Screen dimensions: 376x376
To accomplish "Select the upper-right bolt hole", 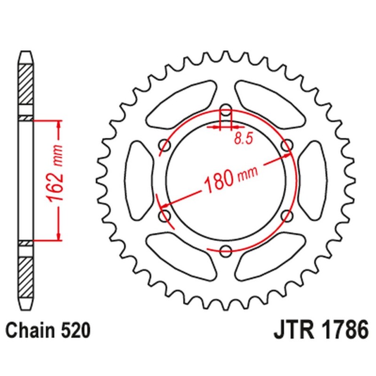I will [286, 146].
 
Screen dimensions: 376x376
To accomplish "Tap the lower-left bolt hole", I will [165, 215].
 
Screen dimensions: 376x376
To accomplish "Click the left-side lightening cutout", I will [140, 181].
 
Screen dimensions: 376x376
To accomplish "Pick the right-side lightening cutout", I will [312, 181].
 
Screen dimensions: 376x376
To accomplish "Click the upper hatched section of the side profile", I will [26, 85].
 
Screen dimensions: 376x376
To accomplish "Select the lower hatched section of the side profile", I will [26, 273].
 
